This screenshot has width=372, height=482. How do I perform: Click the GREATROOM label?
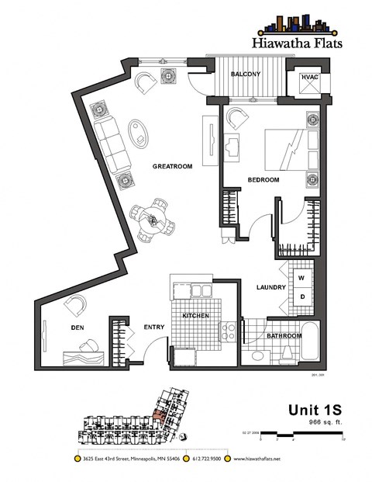click(x=172, y=166)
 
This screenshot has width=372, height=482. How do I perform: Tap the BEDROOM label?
click(x=263, y=180)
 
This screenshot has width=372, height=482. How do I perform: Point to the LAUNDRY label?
click(x=271, y=288)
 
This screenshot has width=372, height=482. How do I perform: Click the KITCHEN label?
click(x=196, y=317)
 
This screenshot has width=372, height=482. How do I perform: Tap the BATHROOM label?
click(x=284, y=336)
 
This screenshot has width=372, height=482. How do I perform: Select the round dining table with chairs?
click(x=155, y=220)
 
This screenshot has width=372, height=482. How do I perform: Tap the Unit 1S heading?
click(x=316, y=409)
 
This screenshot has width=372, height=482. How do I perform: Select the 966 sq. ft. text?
click(x=326, y=421)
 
